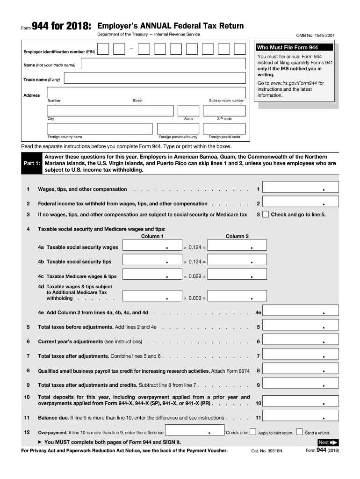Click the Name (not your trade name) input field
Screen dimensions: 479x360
[x=162, y=64]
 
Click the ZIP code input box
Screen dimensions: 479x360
[x=224, y=110]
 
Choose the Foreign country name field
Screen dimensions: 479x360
[x=100, y=129]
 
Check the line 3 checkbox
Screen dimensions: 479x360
[x=265, y=215]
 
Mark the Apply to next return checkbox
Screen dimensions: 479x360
[x=253, y=432]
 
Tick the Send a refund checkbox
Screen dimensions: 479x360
[x=300, y=432]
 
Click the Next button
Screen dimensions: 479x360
[x=327, y=442]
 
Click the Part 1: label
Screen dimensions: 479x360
[x=31, y=164]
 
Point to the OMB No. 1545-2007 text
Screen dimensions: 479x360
[x=317, y=35]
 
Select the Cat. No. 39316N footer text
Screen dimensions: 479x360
[x=265, y=451]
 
